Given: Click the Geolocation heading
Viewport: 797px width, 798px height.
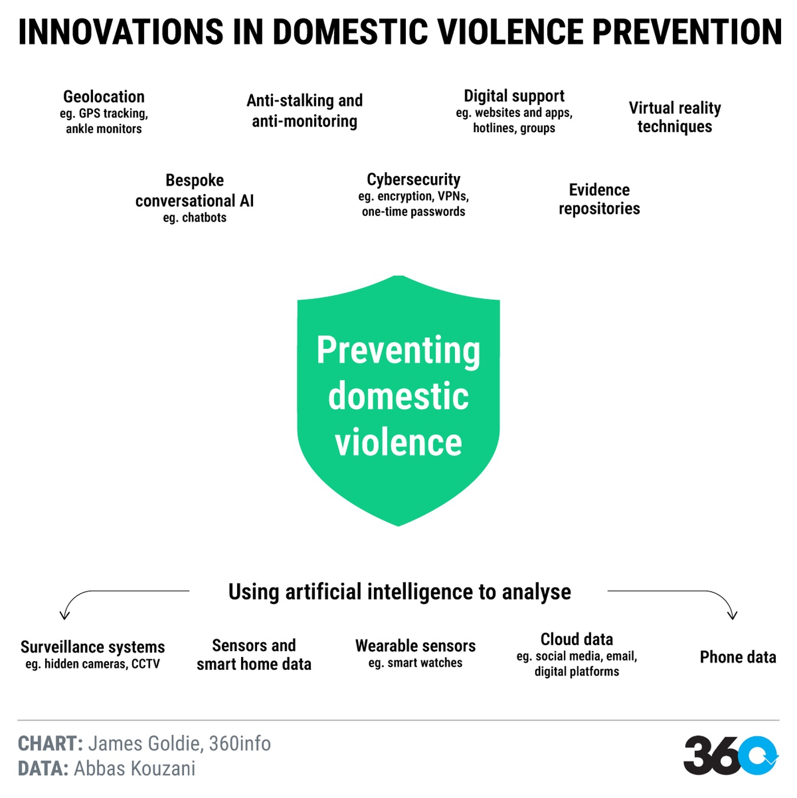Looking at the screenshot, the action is coord(104,97).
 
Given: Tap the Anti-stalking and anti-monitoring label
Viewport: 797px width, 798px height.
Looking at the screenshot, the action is coord(304,111).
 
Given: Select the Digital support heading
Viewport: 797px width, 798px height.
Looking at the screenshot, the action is coord(514,96).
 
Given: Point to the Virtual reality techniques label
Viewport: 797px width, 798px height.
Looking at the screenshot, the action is coord(674,117).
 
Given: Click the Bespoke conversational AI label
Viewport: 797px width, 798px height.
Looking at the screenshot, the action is coord(194,190).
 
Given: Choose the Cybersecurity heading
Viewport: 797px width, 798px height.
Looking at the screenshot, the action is coord(413,180).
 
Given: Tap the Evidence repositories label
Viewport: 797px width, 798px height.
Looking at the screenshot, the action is coord(599,199).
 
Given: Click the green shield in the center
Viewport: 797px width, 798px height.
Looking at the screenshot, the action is coord(398,400).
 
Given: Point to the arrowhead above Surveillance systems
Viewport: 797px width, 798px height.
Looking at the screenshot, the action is coord(64,616).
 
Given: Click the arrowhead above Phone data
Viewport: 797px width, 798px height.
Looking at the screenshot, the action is coord(733,615).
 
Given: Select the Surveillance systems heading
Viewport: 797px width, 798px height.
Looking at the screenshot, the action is coord(93,646).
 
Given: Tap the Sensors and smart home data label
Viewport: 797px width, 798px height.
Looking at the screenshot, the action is coord(254,654).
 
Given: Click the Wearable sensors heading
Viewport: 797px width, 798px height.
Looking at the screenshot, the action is coord(416,646).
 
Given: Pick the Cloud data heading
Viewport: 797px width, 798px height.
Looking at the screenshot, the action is coord(576,639).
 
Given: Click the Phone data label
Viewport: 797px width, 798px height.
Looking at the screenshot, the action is coord(738,657).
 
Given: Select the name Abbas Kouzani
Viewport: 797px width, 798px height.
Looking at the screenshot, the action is coord(135,768).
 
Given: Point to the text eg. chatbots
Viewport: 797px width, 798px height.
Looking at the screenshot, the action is coord(195,217).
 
